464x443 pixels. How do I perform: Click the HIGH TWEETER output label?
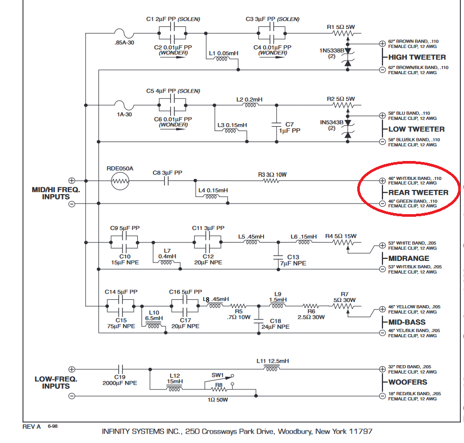417,57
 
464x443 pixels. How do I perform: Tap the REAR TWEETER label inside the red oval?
418,193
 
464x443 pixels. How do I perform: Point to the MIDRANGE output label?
409,258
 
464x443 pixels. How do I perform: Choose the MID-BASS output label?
407,322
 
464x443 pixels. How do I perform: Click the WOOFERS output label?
408,382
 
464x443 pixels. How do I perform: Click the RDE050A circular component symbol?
120,182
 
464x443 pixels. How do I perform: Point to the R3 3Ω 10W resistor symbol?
270,181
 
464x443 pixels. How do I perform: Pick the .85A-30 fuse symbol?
122,33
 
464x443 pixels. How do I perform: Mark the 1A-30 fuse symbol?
122,105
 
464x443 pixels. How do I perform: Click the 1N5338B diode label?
331,51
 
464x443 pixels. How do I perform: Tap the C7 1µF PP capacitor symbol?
277,125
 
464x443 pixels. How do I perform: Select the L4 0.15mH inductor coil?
211,197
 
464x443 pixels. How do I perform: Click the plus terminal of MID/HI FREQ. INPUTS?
72,181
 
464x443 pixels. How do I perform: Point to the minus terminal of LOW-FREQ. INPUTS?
72,396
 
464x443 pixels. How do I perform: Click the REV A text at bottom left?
31,427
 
